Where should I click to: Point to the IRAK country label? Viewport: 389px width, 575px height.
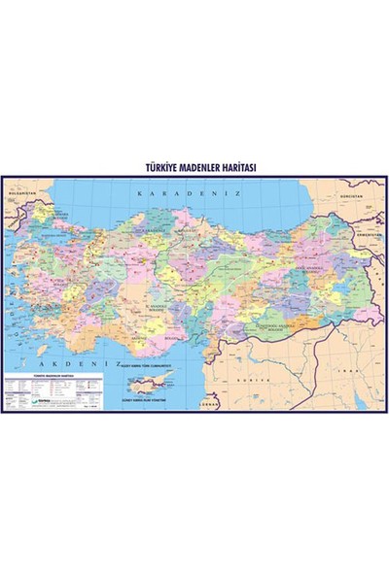coord(361,373)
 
